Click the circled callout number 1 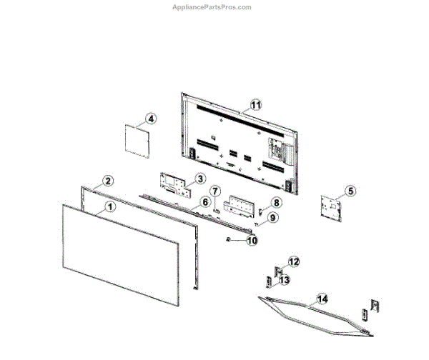click(109, 206)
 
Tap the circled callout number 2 click(107, 181)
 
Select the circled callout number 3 click(201, 179)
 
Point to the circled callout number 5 click(349, 191)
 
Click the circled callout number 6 click(204, 202)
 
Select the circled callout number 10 click(251, 241)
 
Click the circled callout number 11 click(255, 105)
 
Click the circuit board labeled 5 click(331, 205)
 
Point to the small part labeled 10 click(229, 240)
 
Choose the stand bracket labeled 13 click(272, 281)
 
